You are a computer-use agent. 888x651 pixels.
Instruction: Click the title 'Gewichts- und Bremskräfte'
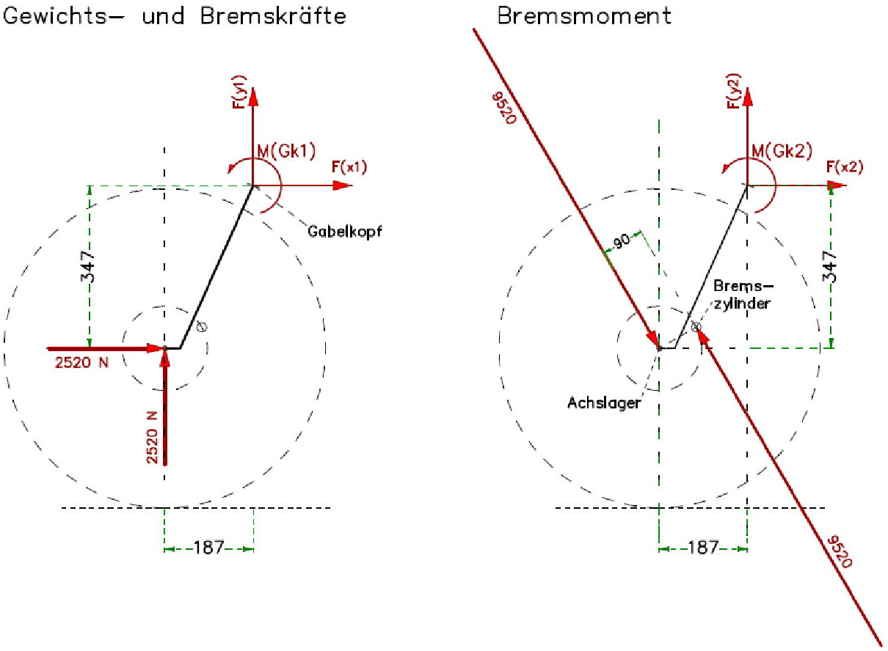tap(175, 16)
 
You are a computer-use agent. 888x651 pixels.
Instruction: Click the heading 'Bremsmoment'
tap(584, 16)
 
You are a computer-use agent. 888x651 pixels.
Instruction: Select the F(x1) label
tap(349, 167)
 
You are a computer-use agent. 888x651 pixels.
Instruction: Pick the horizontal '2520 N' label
tap(81, 361)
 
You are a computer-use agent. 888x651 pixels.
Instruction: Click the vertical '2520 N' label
tap(152, 437)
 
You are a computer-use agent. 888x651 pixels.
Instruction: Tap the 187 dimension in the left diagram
tap(208, 548)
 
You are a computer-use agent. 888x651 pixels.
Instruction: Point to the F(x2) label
tap(844, 167)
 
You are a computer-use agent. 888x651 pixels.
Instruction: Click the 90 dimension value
tap(622, 243)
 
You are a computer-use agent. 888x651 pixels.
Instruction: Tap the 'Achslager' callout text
tap(604, 402)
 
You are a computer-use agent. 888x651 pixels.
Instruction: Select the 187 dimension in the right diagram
tap(703, 548)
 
